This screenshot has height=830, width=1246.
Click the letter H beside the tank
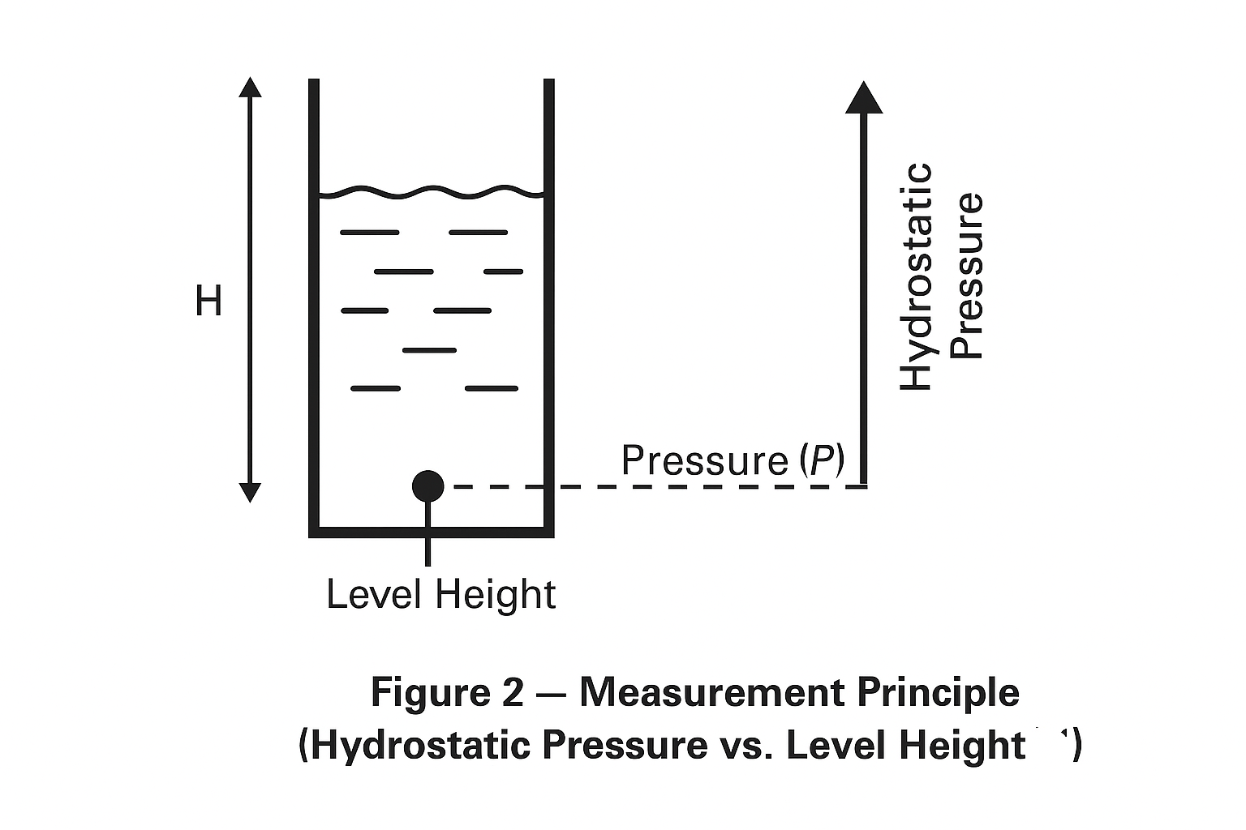208,302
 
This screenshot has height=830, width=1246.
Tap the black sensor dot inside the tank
428,486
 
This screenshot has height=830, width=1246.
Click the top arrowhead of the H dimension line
251,88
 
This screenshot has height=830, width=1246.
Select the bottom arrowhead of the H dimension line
251,491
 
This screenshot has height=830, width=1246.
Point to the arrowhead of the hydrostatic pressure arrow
864,97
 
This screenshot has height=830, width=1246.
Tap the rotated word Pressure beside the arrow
966,276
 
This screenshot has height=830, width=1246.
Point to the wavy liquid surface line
430,192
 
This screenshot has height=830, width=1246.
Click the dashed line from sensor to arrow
649,486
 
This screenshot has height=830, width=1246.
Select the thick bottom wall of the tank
431,532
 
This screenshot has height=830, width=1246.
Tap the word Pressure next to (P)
704,460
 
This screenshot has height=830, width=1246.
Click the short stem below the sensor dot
428,547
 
